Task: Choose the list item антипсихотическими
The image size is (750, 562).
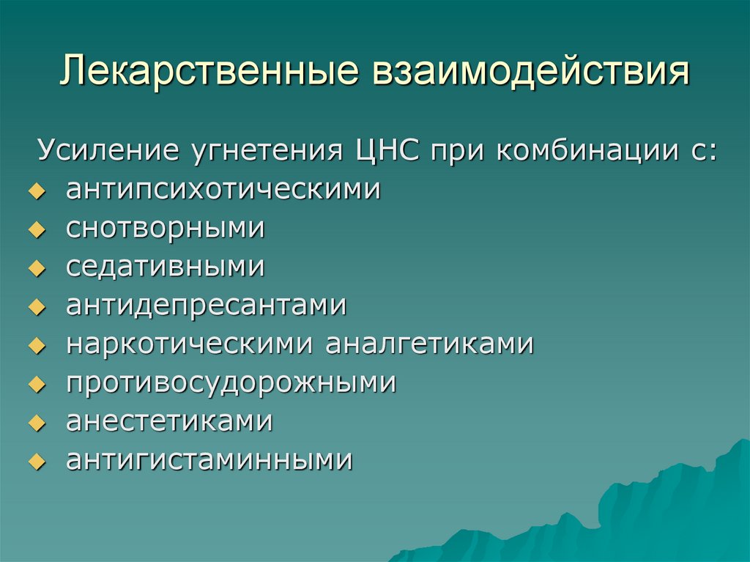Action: pos(223,191)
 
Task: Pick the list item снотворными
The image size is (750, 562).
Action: pos(166,229)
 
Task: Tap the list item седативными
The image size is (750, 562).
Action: pos(166,267)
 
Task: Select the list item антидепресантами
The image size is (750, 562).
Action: pos(206,306)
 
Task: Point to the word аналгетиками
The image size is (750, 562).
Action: pos(429,344)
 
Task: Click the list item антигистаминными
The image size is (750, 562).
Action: pos(209,460)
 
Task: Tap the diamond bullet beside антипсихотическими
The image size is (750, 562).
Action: pos(34,192)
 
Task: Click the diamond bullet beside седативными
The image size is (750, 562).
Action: pos(34,269)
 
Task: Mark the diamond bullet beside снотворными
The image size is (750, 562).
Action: pos(34,230)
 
